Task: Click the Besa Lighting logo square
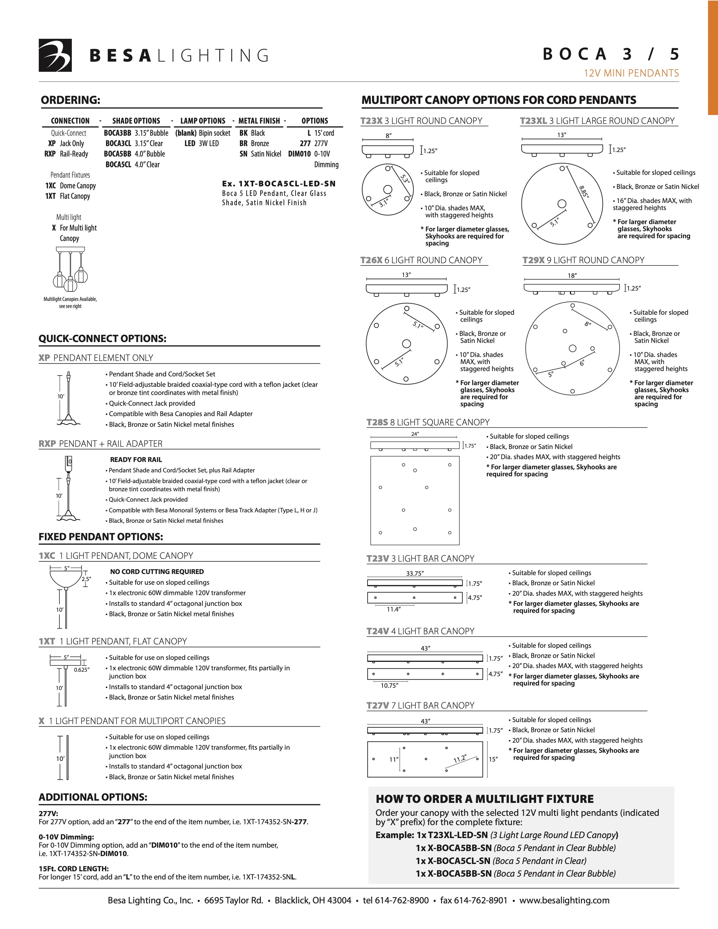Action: pyautogui.click(x=55, y=55)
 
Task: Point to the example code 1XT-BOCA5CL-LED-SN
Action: pyautogui.click(x=278, y=184)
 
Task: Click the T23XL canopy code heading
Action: pyautogui.click(x=533, y=121)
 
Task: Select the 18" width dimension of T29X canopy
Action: pyautogui.click(x=572, y=276)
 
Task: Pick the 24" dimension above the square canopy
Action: pyautogui.click(x=415, y=434)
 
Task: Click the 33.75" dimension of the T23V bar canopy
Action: pyautogui.click(x=415, y=573)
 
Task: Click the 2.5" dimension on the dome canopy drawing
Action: pyautogui.click(x=86, y=579)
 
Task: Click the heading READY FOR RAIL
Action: pyautogui.click(x=136, y=459)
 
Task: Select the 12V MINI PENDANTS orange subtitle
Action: pyautogui.click(x=631, y=73)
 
